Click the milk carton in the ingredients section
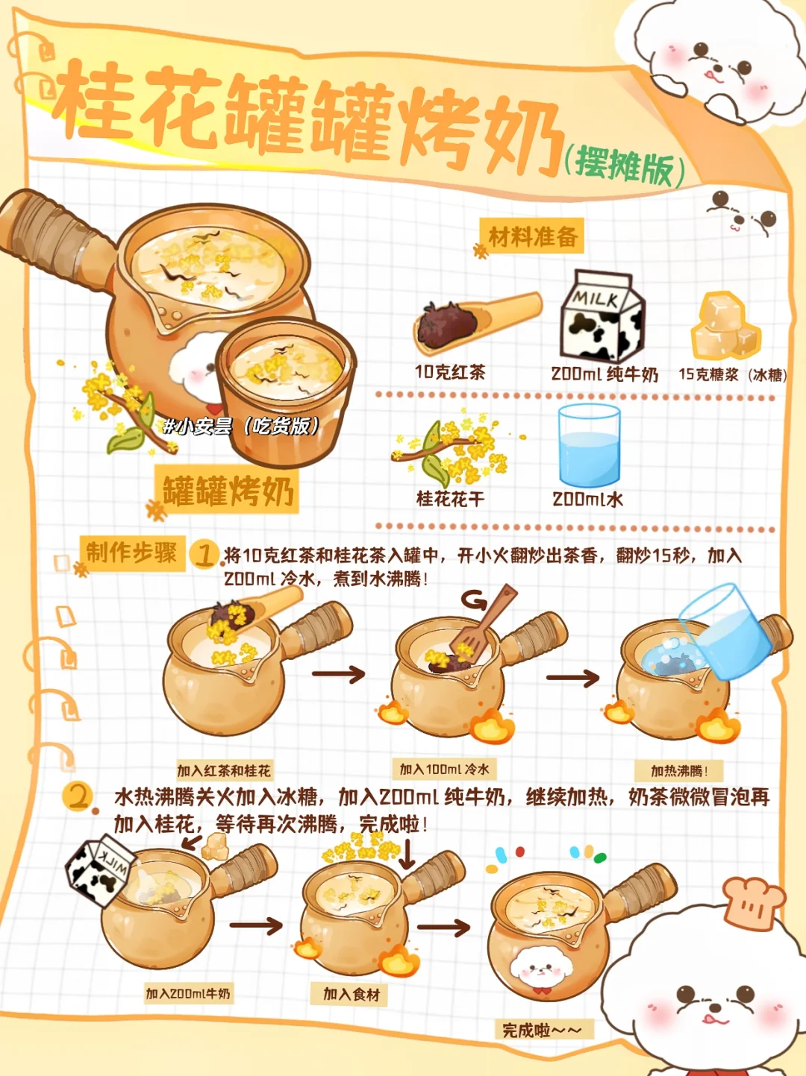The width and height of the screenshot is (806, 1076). coord(602,316)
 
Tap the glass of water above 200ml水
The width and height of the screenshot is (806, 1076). coord(589,446)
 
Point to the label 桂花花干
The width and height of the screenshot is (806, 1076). coord(450,500)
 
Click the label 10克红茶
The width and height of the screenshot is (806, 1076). coord(450,373)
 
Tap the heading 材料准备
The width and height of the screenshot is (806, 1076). coord(533,236)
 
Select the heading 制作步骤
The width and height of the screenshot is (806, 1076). coord(131,553)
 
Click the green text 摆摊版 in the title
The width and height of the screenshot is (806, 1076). coord(624,167)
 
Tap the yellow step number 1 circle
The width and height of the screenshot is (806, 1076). coord(204,555)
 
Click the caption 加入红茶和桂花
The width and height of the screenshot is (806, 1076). coord(224,771)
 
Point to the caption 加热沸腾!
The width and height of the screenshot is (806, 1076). coord(679,771)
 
